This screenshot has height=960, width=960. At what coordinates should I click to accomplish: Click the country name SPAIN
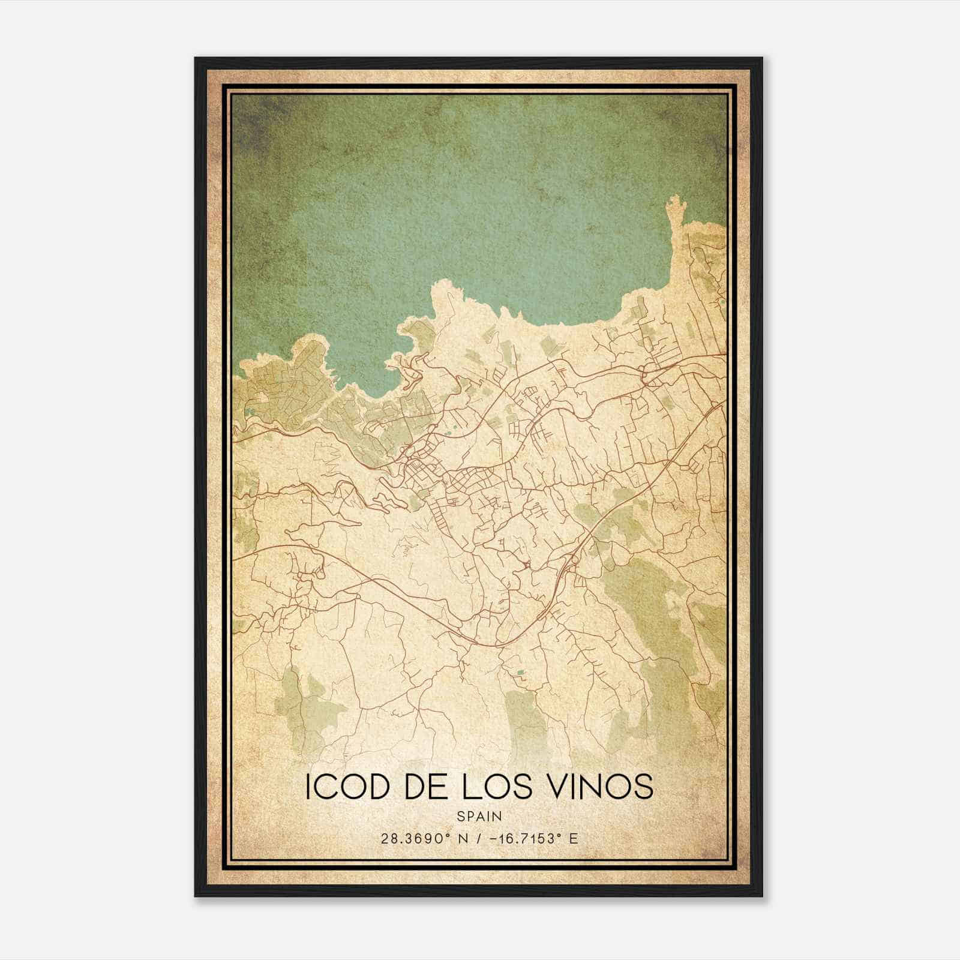click(479, 816)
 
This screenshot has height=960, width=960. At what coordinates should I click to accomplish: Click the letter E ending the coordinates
click(574, 838)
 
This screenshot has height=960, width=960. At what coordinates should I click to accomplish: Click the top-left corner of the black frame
click(195, 58)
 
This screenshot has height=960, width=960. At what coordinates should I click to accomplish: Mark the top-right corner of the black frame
click(763, 58)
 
